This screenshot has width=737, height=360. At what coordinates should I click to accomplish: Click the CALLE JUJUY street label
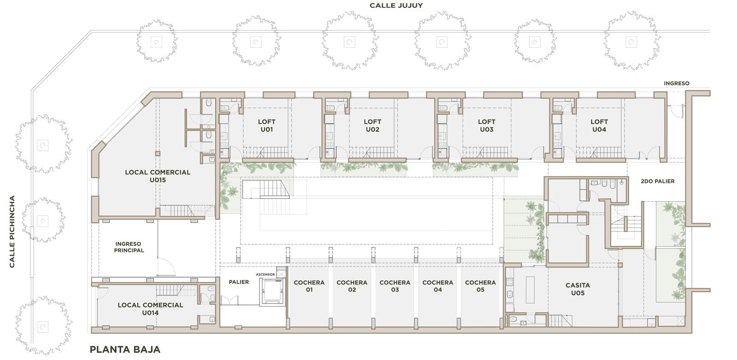396,6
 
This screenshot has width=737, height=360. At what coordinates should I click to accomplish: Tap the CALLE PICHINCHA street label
12,232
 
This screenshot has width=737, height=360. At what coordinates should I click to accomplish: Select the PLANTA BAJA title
125,349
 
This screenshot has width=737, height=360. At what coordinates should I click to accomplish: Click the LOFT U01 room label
267,126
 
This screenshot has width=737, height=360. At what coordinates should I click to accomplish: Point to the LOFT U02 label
373,126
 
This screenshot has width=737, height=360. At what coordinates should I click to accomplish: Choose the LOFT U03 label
486,126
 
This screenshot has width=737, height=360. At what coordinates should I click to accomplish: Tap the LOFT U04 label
599,126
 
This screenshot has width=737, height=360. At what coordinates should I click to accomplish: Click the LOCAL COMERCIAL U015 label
158,176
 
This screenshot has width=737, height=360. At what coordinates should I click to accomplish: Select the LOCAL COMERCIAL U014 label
150,309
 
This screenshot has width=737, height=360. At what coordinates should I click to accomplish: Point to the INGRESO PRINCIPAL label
129,247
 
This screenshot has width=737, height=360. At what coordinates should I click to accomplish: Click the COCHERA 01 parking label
309,286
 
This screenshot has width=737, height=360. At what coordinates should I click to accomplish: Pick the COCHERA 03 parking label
395,286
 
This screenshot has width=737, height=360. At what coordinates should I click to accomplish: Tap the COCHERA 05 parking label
480,286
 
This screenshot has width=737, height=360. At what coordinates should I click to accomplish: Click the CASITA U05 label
578,289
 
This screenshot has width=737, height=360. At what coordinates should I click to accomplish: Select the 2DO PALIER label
658,181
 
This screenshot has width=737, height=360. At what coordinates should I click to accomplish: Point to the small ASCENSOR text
265,274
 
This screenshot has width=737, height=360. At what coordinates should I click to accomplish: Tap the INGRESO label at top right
677,83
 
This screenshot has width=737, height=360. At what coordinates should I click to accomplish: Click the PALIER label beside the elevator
239,282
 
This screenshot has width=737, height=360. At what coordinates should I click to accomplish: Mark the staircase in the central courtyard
266,189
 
